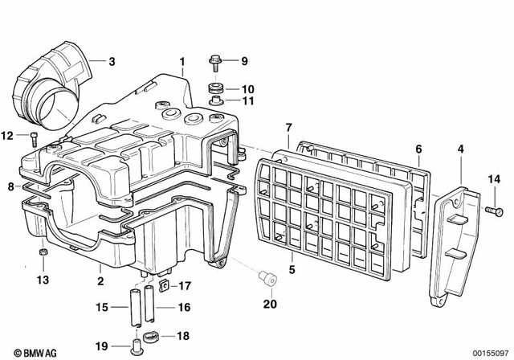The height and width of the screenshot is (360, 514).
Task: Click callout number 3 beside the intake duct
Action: tap(112, 61)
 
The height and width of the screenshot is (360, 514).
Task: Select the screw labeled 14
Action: tap(488, 209)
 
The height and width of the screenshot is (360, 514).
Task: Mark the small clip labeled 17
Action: tap(163, 284)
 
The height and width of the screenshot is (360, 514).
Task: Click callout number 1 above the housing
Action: tap(182, 61)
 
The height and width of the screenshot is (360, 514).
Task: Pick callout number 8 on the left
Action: tap(10, 186)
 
